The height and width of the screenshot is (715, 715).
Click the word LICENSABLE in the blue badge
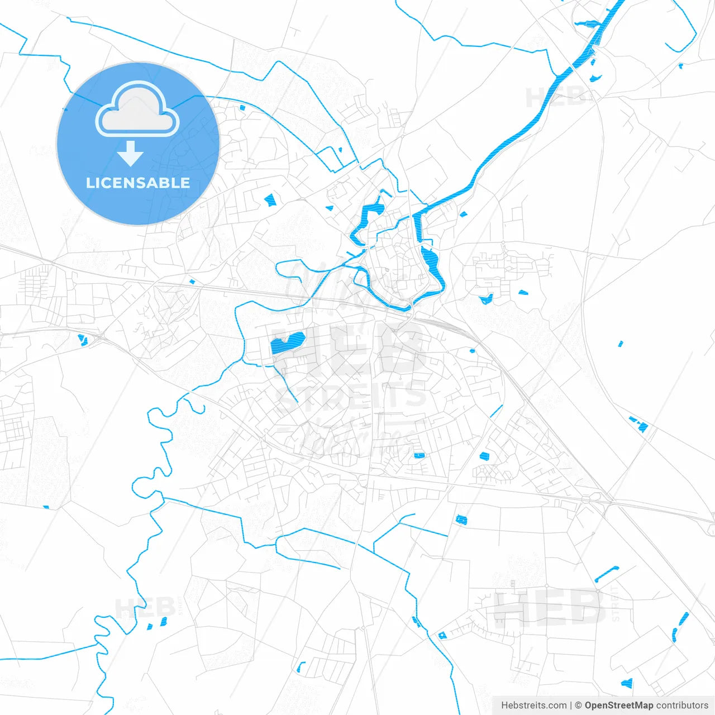(138, 183)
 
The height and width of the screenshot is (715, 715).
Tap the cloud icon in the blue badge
(137, 109)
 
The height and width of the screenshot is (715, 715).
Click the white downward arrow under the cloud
(131, 154)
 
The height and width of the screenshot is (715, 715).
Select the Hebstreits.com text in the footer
(534, 706)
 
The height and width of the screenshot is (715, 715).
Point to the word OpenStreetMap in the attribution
(618, 706)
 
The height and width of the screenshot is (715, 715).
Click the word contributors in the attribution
(682, 706)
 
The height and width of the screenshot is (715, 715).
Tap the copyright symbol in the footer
(578, 706)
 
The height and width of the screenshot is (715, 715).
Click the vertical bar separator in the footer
(571, 706)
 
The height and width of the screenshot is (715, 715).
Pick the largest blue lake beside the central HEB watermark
(287, 344)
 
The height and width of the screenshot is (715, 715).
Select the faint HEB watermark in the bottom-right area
(550, 607)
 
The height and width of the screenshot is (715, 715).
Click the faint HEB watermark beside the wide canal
(556, 98)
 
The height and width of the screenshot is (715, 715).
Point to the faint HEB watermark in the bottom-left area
(137, 607)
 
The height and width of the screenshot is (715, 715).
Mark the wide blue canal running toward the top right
(519, 134)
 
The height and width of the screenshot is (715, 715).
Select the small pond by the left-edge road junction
(83, 339)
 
